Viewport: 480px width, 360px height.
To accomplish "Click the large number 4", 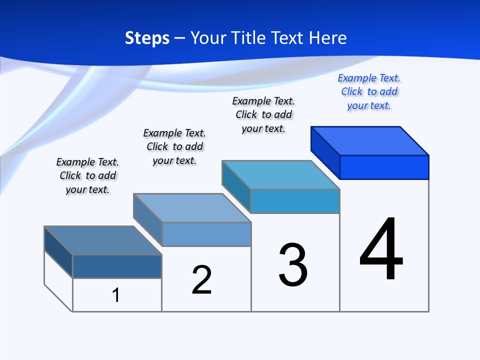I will (381, 249).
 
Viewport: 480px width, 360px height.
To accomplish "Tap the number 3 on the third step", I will (293, 265).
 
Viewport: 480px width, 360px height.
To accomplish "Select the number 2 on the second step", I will (201, 280).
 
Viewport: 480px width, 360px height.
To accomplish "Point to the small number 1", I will (116, 295).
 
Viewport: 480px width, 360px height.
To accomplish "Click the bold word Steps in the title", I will (147, 38).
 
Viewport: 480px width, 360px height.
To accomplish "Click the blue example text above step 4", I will (369, 92).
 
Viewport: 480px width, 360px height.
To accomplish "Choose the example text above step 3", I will (264, 114).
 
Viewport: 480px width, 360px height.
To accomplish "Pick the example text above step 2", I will (174, 146).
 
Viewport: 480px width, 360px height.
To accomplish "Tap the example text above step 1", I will (87, 175).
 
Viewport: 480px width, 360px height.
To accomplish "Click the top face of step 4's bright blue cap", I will (370, 140).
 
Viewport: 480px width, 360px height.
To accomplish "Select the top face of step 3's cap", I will (281, 174).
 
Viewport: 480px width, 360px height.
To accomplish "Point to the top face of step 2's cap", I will (192, 207).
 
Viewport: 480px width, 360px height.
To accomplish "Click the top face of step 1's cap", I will (103, 240).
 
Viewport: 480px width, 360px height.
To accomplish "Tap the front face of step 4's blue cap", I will (384, 167).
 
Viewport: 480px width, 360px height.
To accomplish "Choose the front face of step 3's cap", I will (295, 201).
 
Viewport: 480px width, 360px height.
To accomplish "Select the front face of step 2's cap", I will (206, 234).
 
